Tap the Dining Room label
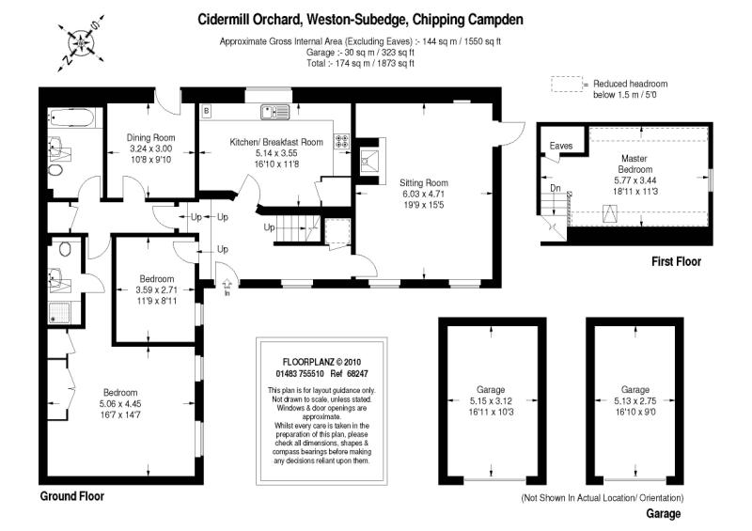[x=151, y=137]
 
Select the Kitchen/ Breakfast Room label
[x=276, y=142]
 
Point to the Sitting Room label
[x=424, y=182]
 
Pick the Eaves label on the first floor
[x=561, y=147]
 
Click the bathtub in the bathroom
[x=71, y=120]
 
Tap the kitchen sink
[x=279, y=113]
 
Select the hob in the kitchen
[x=342, y=143]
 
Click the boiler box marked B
[x=205, y=111]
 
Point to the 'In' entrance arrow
[x=227, y=281]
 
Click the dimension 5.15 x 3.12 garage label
[x=490, y=400]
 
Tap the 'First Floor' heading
[x=676, y=262]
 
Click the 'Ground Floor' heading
[x=71, y=496]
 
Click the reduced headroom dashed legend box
[x=567, y=85]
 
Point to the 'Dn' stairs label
[x=556, y=188]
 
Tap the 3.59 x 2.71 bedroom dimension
[x=156, y=290]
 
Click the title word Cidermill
[x=227, y=19]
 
